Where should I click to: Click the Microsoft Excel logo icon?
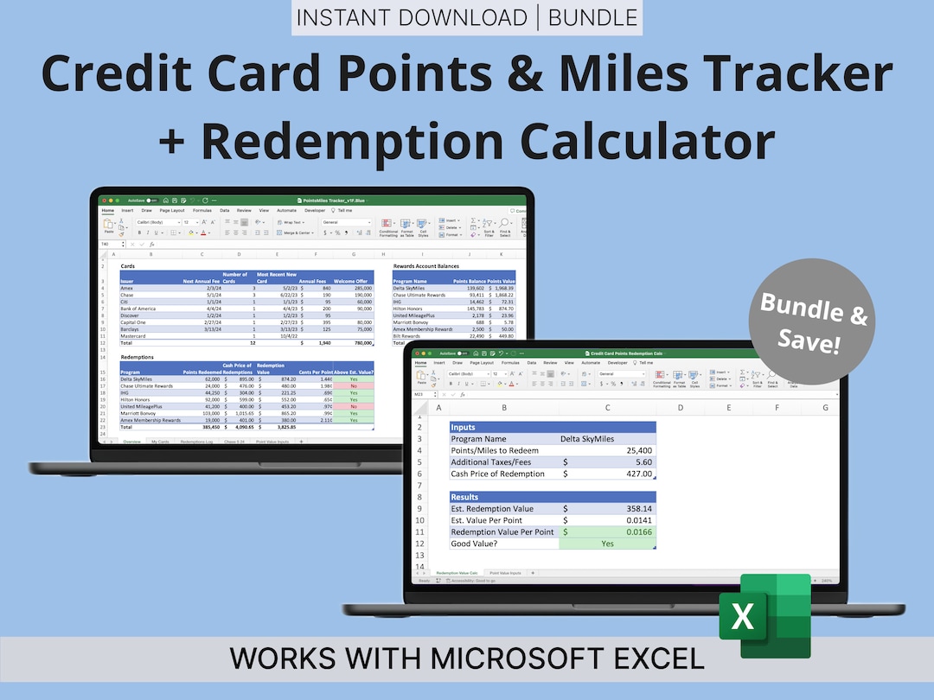click(765, 615)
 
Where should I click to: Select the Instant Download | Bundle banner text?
click(466, 18)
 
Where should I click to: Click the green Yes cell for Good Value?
click(607, 544)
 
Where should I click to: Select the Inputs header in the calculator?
click(464, 427)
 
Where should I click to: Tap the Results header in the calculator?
click(466, 497)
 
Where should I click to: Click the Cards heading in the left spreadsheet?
click(127, 266)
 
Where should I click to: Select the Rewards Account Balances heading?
click(427, 266)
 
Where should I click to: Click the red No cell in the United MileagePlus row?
click(353, 406)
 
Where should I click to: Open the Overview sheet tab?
click(131, 442)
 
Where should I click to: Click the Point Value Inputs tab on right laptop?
click(505, 573)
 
